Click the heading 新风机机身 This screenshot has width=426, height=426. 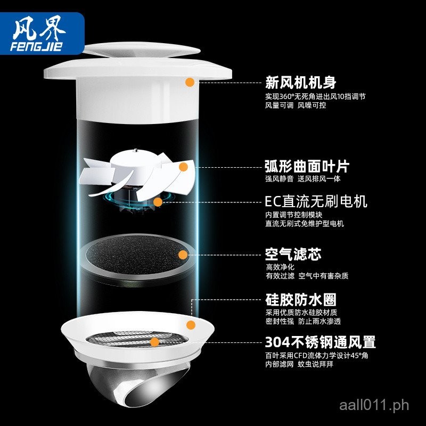coord(300,83)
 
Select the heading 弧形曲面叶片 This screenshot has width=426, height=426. coord(307,166)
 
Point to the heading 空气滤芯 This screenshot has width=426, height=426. coord(293,254)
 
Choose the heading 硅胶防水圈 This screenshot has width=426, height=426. coord(300,300)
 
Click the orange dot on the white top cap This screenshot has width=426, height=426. coord(190,82)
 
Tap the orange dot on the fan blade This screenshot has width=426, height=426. coord(183,167)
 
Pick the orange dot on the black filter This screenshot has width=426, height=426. coord(183,254)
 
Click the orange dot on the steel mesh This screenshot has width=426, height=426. coord(154,342)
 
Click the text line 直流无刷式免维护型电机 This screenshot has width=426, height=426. coord(304,224)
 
